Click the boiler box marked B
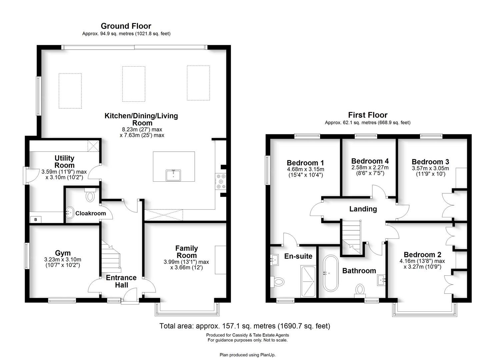click(36, 220)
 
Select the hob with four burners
click(221, 181)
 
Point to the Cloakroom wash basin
click(70, 212)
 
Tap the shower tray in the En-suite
click(308, 281)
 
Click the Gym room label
click(63, 253)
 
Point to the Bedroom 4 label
click(370, 161)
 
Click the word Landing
click(363, 209)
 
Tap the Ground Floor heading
click(126, 26)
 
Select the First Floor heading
click(368, 115)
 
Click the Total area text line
click(245, 326)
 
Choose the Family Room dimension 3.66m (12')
click(186, 267)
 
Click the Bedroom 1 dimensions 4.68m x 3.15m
click(305, 169)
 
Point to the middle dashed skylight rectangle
click(133, 83)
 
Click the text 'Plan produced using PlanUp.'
click(247, 355)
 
